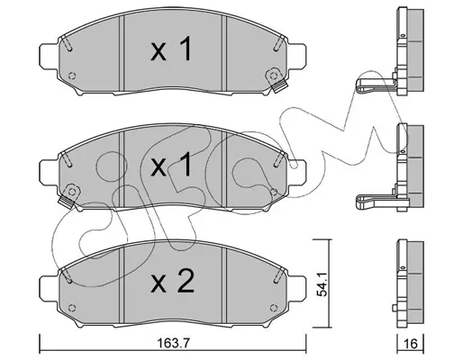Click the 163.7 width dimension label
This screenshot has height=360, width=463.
coord(174,343)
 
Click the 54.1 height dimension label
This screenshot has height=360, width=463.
coord(322,285)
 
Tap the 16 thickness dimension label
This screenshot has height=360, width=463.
coord(411,344)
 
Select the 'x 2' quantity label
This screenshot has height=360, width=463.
coord(172,281)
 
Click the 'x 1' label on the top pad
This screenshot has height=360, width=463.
coord(171,49)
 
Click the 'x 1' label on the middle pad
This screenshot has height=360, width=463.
coord(171,164)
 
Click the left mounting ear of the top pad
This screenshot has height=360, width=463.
coord(48,56)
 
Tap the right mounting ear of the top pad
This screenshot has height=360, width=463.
coord(297,56)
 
